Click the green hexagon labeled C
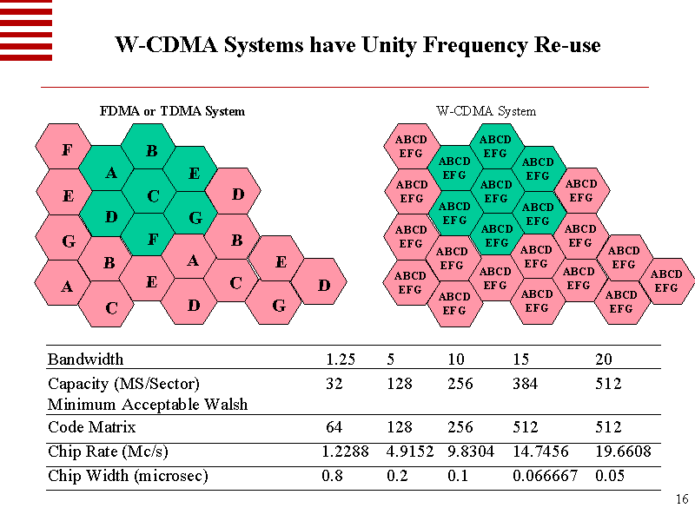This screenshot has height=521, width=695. tap(153, 196)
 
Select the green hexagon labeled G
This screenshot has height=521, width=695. tap(195, 217)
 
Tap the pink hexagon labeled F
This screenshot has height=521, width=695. tap(67, 151)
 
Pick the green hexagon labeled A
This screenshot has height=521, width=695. tap(111, 174)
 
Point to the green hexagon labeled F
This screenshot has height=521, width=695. tap(152, 238)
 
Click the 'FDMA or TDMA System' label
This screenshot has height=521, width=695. tap(172, 111)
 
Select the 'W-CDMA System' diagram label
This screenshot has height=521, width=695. tap(486, 111)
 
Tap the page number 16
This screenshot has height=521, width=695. tap(681, 499)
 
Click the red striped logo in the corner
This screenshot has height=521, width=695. tap(26, 30)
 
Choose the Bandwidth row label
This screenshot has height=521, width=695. tap(85, 359)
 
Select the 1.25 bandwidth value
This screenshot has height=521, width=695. tap(340, 359)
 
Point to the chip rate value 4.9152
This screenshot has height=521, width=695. tap(410, 452)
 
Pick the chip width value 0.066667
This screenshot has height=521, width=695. tap(546, 476)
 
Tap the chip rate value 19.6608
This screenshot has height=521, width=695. tap(623, 452)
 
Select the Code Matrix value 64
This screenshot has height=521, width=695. tap(334, 427)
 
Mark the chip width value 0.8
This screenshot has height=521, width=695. tap(332, 476)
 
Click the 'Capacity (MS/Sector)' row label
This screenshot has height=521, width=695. tap(123, 383)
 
